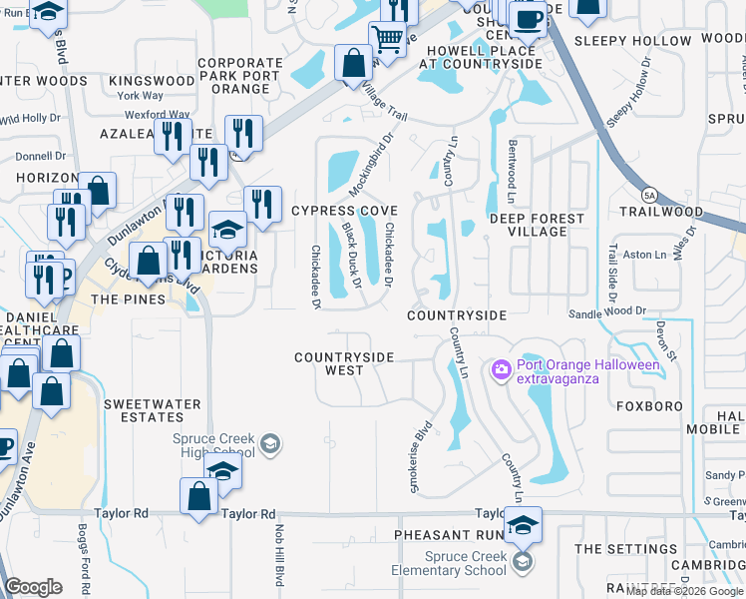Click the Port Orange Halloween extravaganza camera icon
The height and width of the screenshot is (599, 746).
(x=501, y=370)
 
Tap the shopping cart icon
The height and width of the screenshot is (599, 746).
(x=387, y=39)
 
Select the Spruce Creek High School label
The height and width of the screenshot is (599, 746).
(x=213, y=445)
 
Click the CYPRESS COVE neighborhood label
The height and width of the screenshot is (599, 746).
(x=344, y=212)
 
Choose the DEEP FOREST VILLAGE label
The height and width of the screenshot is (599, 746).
(x=536, y=225)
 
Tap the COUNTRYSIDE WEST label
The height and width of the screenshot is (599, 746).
(x=344, y=363)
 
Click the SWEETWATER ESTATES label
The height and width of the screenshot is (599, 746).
(x=153, y=411)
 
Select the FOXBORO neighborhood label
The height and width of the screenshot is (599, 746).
(x=648, y=407)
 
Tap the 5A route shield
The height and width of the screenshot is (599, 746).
(x=649, y=194)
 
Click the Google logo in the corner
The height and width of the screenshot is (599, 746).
(x=34, y=587)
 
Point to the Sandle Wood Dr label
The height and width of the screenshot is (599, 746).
(x=607, y=312)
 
